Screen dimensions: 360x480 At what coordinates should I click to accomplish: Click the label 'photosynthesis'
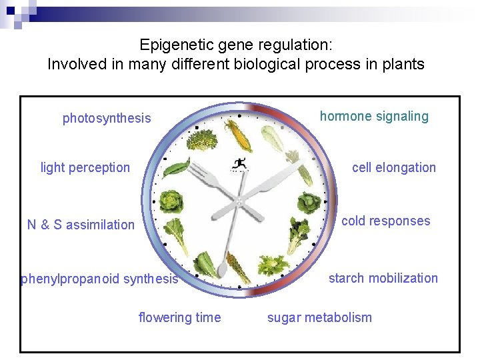point(107,119)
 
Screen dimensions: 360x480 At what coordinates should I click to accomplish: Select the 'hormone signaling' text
point(374,117)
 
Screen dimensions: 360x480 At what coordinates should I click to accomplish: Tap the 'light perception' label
point(85,167)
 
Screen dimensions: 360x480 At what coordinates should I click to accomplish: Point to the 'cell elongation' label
point(393,167)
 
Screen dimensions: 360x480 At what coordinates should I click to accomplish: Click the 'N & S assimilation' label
point(81,225)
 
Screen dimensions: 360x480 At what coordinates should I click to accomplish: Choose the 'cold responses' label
point(385,221)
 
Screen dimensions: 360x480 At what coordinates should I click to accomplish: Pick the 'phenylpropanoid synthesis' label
point(100,279)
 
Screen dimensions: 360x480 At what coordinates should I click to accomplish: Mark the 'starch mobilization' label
point(383,278)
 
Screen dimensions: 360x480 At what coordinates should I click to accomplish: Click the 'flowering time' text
point(179,317)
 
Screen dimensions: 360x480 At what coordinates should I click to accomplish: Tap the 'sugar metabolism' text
point(319,317)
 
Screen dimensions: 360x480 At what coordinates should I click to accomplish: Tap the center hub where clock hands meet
point(239,199)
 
